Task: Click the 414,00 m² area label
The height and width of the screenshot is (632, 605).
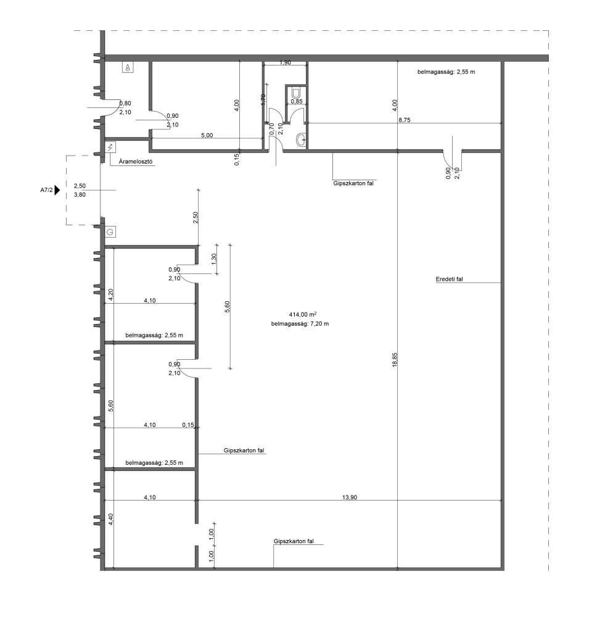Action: coord(302,314)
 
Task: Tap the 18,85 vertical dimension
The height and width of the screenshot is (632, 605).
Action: coord(395,360)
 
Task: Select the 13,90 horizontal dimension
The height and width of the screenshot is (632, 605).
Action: coord(350,497)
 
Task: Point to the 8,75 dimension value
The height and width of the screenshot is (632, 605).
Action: coord(405,120)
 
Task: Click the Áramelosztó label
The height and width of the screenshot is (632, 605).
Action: coord(136,162)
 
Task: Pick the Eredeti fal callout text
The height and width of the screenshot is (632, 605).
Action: coord(449,279)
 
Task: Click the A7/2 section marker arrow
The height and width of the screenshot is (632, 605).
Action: coord(57,190)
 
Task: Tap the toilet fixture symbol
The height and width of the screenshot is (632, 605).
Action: coord(297,93)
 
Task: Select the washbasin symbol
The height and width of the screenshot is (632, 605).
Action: coord(301,140)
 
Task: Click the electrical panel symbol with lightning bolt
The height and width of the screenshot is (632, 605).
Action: coord(110,147)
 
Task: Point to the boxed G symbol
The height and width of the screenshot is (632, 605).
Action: coord(110,232)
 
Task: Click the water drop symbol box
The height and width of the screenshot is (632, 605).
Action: coord(128,67)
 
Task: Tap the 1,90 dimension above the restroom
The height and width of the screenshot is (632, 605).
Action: coord(285,62)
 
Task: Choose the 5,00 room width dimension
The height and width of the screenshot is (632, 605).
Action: coord(207,135)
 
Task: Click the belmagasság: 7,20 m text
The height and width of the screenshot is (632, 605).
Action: coord(300,323)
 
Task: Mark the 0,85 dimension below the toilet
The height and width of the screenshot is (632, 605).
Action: coord(297,102)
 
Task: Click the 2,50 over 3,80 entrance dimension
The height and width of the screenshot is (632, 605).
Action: coord(80,190)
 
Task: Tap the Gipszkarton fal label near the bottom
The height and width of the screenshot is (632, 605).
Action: coord(294,541)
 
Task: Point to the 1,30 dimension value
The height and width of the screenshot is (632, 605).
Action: coord(214,259)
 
